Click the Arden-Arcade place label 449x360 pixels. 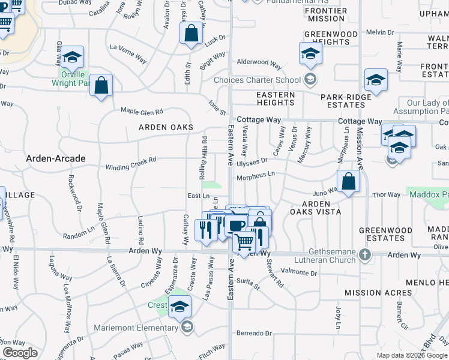coord(56,158)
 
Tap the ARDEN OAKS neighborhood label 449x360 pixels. coord(166,127)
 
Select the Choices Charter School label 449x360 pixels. coord(258,80)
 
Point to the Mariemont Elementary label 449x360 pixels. coord(136,328)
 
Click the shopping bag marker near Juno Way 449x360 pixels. coord(348,181)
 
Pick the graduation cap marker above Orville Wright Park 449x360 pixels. coord(72,57)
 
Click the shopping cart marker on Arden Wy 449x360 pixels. coord(243,242)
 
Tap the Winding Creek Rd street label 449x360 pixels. coord(131,163)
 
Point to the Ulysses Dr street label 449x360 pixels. coord(252,162)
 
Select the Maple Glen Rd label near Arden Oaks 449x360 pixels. coord(142,112)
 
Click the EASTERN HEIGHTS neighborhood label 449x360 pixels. coord(276,99)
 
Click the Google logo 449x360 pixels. coord(20,353)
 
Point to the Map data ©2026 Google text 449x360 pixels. coord(412,355)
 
